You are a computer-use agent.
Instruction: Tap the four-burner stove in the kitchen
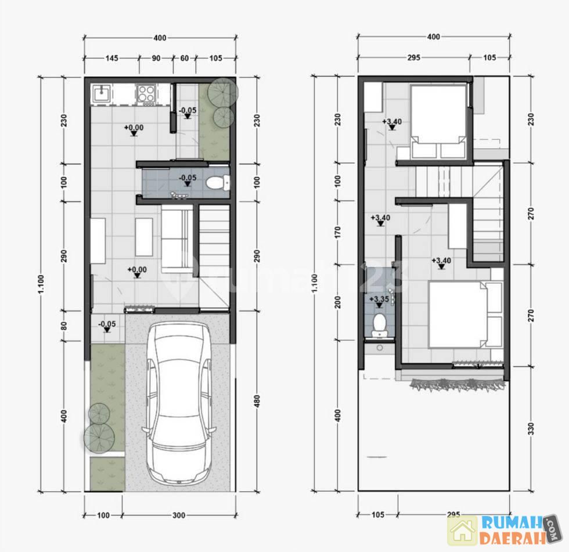146,93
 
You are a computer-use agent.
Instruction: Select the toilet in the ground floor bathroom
217,182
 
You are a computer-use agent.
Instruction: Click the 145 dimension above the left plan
111,58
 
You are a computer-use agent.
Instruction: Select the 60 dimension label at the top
185,58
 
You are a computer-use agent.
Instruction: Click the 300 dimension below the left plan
179,515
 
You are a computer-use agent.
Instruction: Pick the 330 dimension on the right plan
531,428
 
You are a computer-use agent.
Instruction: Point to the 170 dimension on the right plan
338,232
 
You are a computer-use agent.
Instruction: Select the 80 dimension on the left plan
64,325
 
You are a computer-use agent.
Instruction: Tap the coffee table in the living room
144,237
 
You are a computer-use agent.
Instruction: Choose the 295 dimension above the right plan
413,57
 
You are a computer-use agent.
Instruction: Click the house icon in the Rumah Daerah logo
462,531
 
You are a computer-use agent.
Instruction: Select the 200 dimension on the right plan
338,302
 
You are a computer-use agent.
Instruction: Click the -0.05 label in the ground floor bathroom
188,178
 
